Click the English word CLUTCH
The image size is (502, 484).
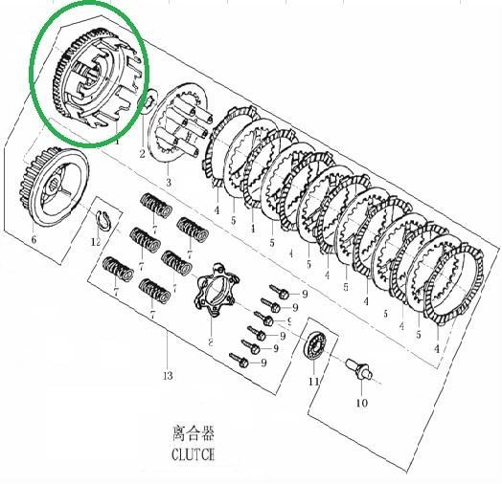tap(193, 454)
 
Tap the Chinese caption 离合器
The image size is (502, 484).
tap(194, 433)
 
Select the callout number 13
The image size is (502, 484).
tap(168, 376)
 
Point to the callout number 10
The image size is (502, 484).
tap(362, 403)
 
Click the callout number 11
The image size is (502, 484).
tap(314, 381)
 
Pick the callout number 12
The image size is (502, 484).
tap(96, 242)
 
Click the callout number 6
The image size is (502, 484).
tap(34, 239)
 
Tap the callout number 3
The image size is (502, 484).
tap(169, 183)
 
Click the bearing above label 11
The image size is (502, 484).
tap(315, 346)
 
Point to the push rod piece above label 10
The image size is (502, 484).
tap(359, 369)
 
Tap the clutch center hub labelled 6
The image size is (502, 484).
tap(55, 187)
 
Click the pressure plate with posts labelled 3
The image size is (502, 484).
tap(179, 123)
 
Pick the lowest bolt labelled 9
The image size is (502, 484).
tap(240, 361)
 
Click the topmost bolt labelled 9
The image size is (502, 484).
tap(280, 292)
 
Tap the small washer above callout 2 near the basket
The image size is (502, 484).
tap(149, 102)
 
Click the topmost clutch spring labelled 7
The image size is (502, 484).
tap(156, 206)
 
